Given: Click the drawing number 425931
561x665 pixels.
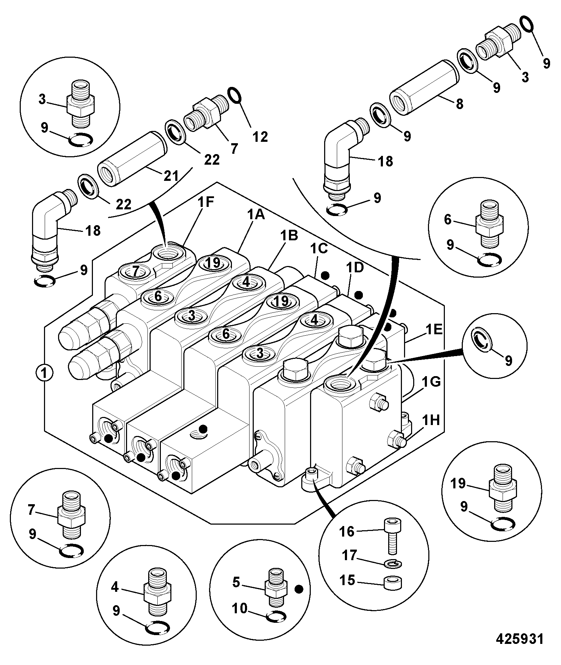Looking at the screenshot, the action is [x=520, y=639].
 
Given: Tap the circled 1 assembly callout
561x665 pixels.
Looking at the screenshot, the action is [x=44, y=373].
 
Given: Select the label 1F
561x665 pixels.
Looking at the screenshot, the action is [x=206, y=203].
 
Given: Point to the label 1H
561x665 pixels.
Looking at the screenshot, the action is [x=431, y=420].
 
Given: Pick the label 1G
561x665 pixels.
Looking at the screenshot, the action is [x=431, y=382].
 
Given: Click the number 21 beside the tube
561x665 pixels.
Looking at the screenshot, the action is [x=171, y=176].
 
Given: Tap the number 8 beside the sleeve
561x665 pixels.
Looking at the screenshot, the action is [x=459, y=104].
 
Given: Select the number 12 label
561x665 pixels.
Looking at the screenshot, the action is [x=260, y=137].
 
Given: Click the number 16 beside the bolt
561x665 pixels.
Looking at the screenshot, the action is [x=346, y=531].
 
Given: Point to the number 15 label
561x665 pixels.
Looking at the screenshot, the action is [x=347, y=580].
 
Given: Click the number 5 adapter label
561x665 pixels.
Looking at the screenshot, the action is [x=236, y=582].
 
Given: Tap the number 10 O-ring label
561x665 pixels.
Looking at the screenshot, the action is [x=240, y=608].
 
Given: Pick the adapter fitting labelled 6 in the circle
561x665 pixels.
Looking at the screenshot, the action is [x=490, y=223].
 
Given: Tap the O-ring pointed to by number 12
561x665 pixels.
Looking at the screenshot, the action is [x=234, y=94].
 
